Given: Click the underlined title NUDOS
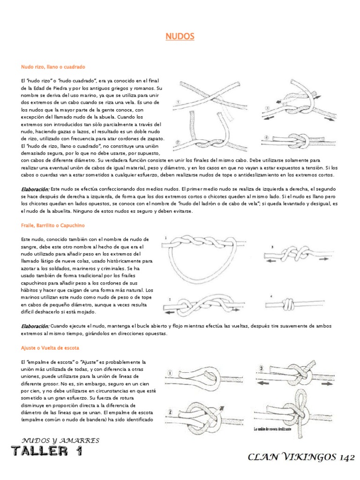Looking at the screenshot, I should point(180,37).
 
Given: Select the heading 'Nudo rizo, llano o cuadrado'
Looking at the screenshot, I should point(53,67).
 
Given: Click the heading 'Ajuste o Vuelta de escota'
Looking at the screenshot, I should point(50,348).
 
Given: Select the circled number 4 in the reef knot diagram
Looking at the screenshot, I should point(266,138).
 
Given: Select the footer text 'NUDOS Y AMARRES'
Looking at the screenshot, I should point(61,440).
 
